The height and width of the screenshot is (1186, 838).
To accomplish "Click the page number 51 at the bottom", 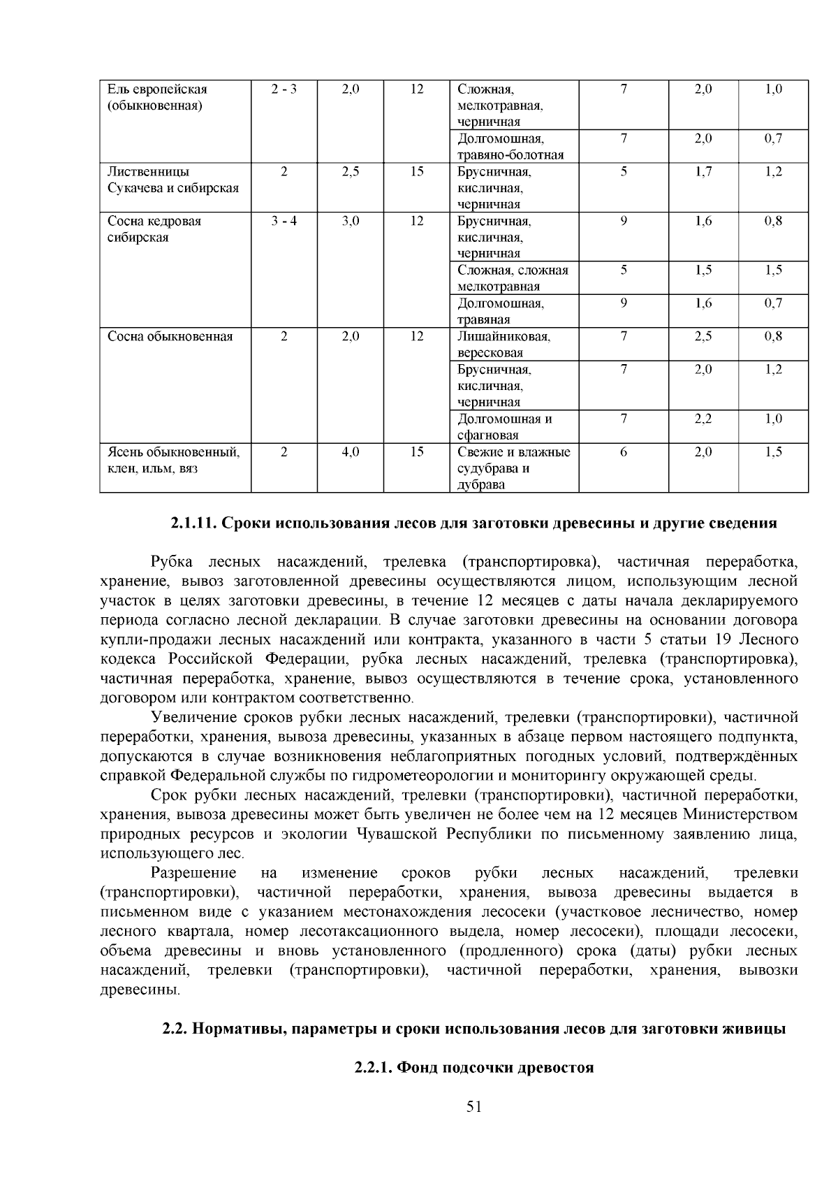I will click(x=474, y=1106).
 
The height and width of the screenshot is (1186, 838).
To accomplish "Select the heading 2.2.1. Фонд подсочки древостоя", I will click(x=473, y=1068).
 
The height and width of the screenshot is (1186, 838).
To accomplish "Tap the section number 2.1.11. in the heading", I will click(x=195, y=523).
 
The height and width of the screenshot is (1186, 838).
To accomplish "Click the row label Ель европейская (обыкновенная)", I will click(x=157, y=98).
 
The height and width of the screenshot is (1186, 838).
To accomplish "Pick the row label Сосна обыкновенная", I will click(x=170, y=337).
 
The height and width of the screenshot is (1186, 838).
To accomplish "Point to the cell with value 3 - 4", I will click(x=284, y=222).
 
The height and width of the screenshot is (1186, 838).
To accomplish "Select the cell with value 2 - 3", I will click(x=284, y=89).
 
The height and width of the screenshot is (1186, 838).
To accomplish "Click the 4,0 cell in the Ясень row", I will click(x=351, y=452).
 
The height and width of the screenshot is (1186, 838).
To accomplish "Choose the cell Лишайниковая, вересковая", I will click(x=503, y=345).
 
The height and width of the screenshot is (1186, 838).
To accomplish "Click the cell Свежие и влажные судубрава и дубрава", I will click(x=513, y=468).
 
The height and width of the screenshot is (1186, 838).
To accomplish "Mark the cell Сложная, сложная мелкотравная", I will click(x=513, y=278).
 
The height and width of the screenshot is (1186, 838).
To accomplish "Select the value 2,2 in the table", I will click(x=703, y=419).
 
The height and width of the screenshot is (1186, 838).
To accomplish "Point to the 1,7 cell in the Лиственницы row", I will click(x=703, y=172).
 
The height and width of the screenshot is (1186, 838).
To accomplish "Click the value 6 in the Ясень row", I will click(x=624, y=452).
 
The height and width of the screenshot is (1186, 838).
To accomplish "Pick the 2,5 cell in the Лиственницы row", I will click(x=351, y=172).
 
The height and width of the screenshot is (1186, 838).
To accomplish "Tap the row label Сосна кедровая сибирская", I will click(x=154, y=229).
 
